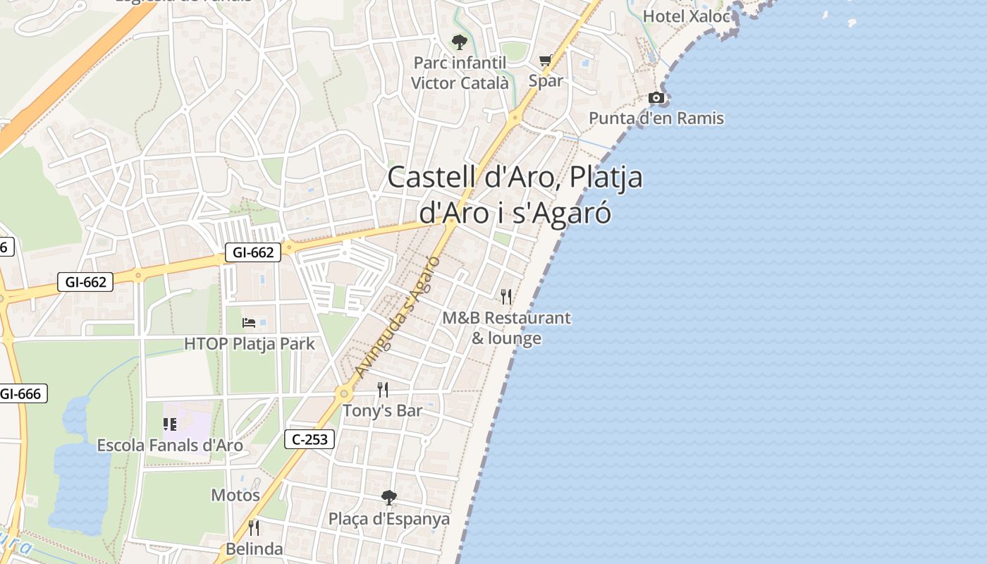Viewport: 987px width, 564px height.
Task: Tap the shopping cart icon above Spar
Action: (545, 61)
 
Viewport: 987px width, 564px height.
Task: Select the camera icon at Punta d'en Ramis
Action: (656, 98)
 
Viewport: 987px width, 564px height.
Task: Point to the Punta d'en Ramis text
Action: (656, 118)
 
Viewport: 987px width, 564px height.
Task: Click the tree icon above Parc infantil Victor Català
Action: (459, 42)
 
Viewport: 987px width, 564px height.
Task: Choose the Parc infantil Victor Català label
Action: (460, 73)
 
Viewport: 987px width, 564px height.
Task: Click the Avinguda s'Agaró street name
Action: (398, 317)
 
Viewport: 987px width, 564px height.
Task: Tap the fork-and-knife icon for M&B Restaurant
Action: (506, 296)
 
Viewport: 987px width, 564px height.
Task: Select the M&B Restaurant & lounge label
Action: (506, 328)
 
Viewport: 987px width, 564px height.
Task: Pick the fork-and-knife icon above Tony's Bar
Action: (383, 389)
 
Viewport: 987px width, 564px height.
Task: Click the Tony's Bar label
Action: (383, 410)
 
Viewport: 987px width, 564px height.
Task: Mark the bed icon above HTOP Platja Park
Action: (249, 323)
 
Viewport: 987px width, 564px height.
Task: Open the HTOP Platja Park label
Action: (250, 343)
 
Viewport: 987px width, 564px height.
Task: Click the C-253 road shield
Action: (309, 439)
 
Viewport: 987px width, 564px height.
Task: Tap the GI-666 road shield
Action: (21, 393)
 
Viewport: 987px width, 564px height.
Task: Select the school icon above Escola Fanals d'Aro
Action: (169, 424)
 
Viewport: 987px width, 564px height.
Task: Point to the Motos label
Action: (235, 495)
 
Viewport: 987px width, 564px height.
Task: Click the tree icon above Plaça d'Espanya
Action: (388, 498)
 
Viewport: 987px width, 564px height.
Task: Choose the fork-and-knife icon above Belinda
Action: (254, 527)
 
